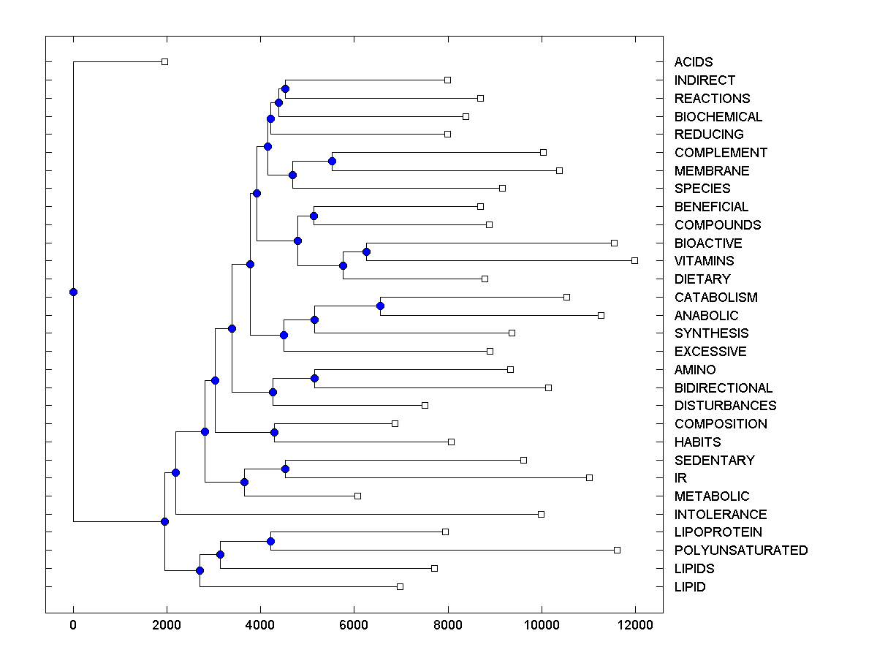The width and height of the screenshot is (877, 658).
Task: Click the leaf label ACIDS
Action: [693, 62]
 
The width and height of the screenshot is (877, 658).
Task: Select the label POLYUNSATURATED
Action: [740, 551]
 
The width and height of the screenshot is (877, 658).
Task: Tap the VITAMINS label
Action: [704, 261]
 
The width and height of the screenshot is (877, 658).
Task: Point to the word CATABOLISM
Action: [715, 298]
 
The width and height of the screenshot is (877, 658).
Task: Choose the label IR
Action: [680, 478]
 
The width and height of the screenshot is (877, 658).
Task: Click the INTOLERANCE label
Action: [720, 515]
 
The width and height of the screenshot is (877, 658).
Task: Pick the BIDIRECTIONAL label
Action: [723, 388]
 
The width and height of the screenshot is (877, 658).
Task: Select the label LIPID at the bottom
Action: [690, 587]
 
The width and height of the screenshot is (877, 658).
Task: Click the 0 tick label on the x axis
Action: [73, 624]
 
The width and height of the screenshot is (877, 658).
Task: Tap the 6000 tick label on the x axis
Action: [354, 624]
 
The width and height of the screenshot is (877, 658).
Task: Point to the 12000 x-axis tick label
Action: [635, 624]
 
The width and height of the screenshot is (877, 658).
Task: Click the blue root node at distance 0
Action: [73, 292]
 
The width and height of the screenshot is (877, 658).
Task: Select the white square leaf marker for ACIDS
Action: [164, 61]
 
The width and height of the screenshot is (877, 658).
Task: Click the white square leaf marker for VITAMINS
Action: [634, 260]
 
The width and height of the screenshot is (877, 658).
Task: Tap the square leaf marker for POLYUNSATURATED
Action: [617, 550]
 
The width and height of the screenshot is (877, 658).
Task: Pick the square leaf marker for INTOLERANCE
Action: [541, 514]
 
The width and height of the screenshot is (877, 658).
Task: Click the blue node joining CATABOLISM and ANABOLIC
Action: [380, 306]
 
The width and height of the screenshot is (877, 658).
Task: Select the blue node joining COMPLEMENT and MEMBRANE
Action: [332, 161]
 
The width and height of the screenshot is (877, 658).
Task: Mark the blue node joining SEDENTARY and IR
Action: [285, 469]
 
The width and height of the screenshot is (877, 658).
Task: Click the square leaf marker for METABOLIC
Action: [357, 496]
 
